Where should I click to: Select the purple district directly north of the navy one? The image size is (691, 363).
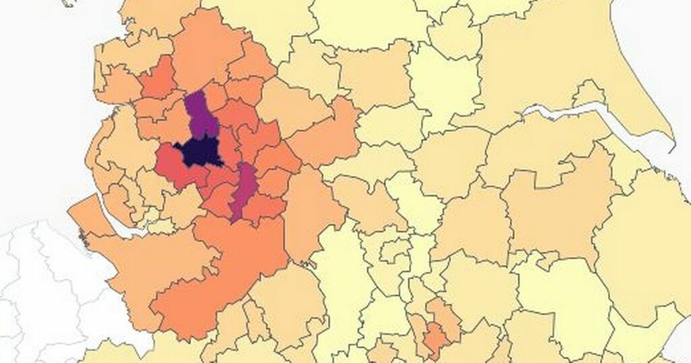pyautogui.click(x=200, y=115)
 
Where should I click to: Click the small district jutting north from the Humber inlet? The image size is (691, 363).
pyautogui.click(x=589, y=94)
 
